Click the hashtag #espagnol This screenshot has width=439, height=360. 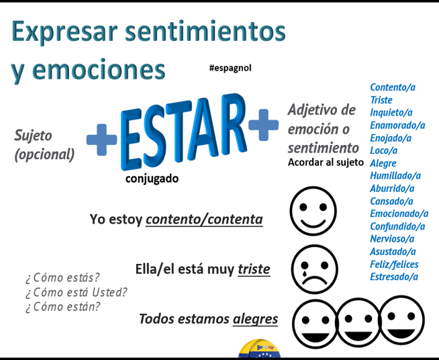(x=230, y=68)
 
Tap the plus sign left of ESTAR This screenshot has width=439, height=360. (x=101, y=140)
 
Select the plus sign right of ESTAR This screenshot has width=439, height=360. (x=263, y=125)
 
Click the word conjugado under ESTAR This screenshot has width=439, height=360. (x=152, y=179)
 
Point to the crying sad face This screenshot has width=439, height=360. (x=314, y=269)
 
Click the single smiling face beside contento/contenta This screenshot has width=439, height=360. (x=313, y=211)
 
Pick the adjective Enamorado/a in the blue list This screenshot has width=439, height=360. (x=397, y=125)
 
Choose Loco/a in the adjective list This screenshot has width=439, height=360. (x=383, y=150)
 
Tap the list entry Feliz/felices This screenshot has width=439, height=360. (x=394, y=264)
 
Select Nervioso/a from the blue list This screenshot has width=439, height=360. (x=392, y=238)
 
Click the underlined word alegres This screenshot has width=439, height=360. (x=255, y=319)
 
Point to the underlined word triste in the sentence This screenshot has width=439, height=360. (x=254, y=269)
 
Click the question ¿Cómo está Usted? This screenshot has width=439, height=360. (x=76, y=292)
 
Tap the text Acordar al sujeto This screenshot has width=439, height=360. (x=326, y=163)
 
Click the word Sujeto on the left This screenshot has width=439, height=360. (x=33, y=136)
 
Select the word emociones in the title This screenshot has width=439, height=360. (x=99, y=70)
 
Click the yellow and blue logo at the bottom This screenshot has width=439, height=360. (x=259, y=349)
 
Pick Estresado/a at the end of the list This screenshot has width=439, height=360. (x=394, y=277)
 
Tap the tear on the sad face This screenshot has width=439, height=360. (x=304, y=272)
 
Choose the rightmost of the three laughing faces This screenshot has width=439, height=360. (x=401, y=320)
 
